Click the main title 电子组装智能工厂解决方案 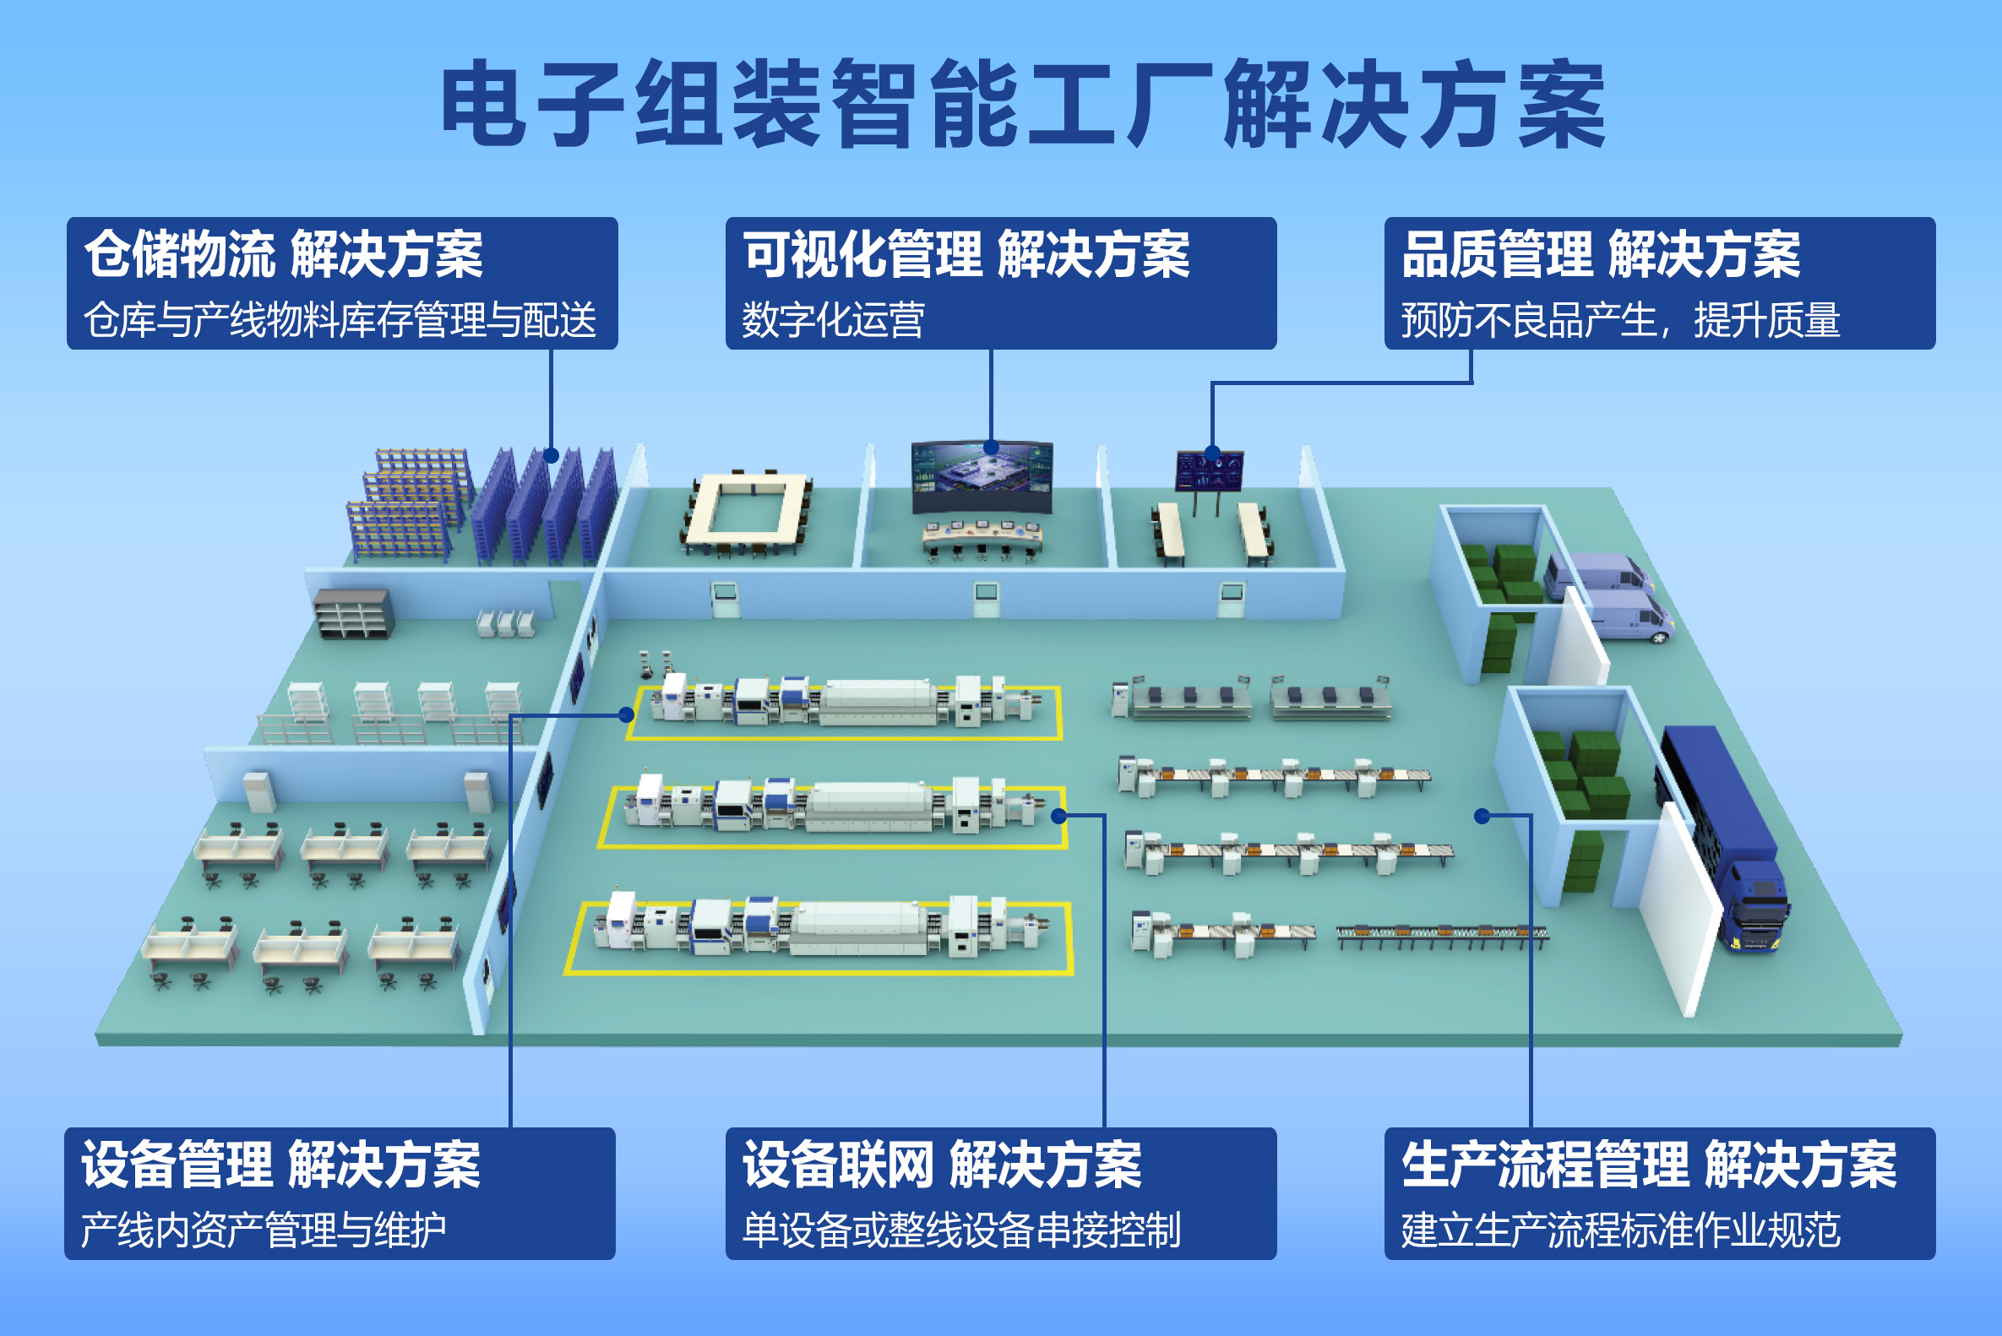tap(1023, 104)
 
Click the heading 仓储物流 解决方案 tap(284, 255)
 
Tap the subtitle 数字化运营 tap(833, 320)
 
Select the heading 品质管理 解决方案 tap(1601, 255)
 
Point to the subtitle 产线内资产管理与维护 tap(264, 1230)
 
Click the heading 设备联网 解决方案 tap(942, 1165)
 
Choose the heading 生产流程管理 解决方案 tap(1649, 1165)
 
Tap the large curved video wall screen tap(982, 477)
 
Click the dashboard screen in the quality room tap(1209, 471)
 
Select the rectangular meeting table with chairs tap(747, 511)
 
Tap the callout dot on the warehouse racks tap(551, 456)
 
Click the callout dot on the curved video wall tap(990, 448)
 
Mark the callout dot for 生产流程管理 tap(1482, 817)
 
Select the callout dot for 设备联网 tap(1058, 817)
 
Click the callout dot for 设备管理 tap(627, 714)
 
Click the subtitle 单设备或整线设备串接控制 tap(961, 1230)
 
